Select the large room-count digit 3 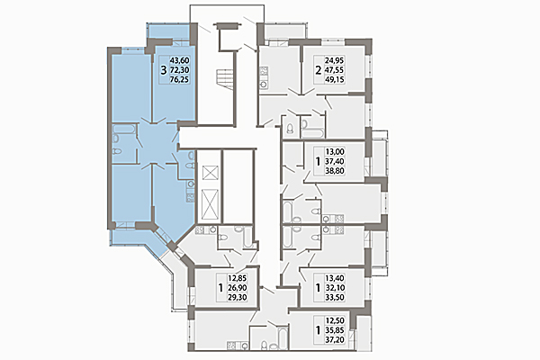pos(162,67)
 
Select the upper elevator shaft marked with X pos(210,172)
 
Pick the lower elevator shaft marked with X pos(210,204)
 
